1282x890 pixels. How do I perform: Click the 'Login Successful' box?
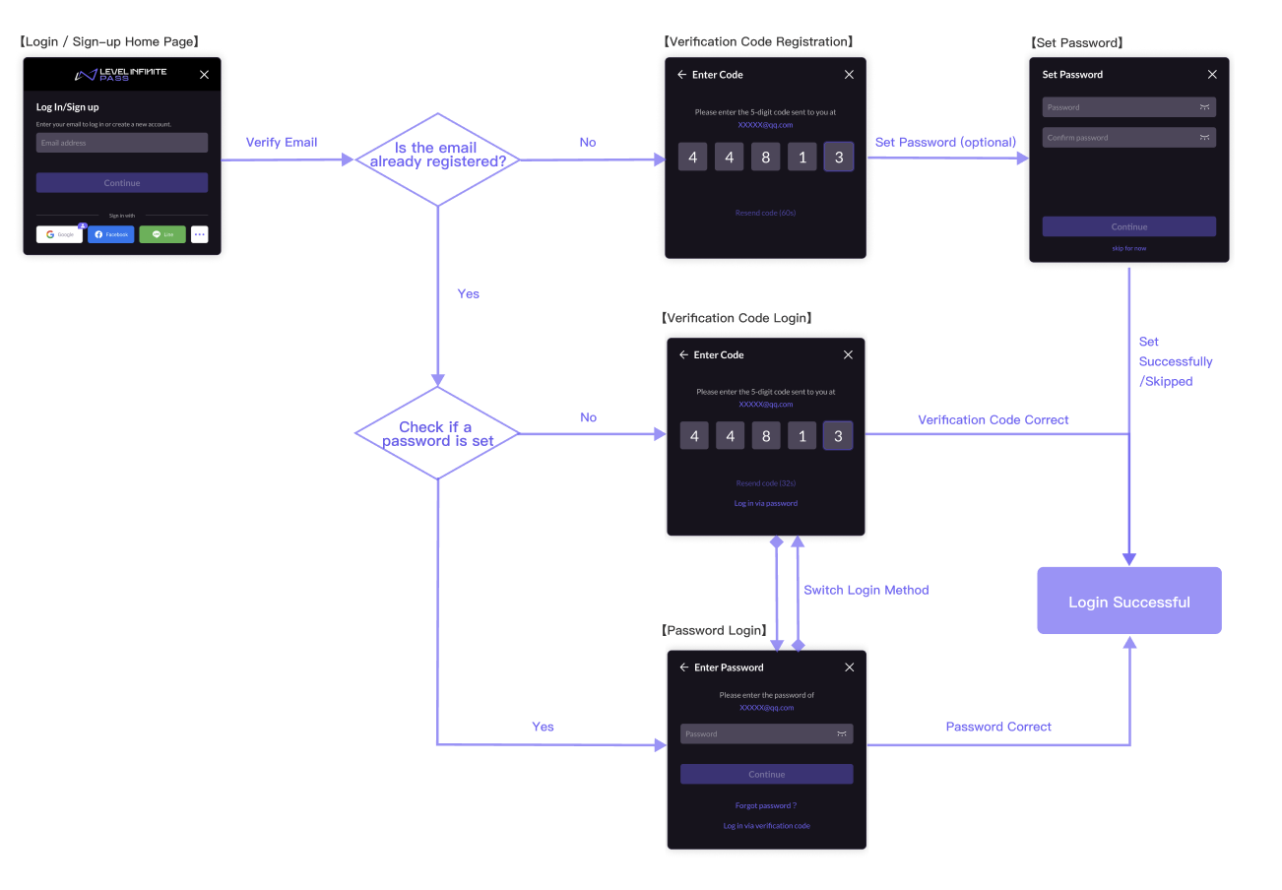point(1128,601)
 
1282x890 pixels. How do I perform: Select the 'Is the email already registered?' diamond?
point(436,156)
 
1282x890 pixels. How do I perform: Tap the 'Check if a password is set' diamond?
point(436,433)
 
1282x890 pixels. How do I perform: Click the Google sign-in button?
point(59,234)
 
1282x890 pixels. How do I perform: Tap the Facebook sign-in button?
point(110,234)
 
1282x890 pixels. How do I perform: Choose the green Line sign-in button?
point(162,234)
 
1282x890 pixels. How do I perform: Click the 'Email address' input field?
point(122,143)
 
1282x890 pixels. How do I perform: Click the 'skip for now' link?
point(1128,248)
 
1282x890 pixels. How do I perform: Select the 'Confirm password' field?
point(1128,138)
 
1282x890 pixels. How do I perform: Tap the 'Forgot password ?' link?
point(766,805)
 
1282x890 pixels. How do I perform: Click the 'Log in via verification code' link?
point(766,826)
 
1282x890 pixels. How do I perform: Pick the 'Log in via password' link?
point(766,503)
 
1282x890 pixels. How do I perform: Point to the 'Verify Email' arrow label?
point(282,143)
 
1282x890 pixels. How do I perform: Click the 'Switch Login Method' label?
point(865,590)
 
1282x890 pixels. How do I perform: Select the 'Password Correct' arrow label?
point(998,727)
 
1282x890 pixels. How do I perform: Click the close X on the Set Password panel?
point(1212,75)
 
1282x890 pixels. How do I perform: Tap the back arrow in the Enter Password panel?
point(683,667)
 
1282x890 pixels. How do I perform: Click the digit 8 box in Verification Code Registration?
point(765,158)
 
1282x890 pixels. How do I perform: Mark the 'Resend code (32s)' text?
point(766,483)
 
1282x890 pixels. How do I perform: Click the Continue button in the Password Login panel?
point(766,774)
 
